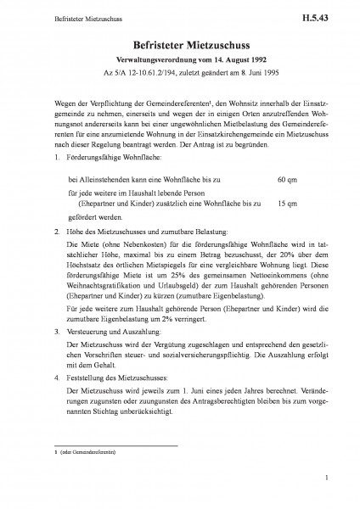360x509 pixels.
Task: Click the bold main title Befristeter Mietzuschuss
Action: click(181, 46)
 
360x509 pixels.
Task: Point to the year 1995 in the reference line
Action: click(264, 73)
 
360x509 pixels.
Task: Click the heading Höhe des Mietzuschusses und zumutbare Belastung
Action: click(140, 231)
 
